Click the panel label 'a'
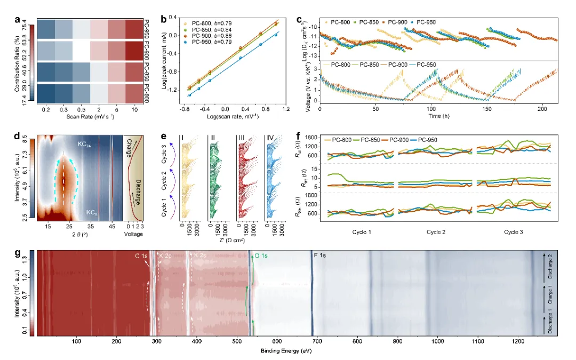coord(18,21)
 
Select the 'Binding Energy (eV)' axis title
coord(286,350)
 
